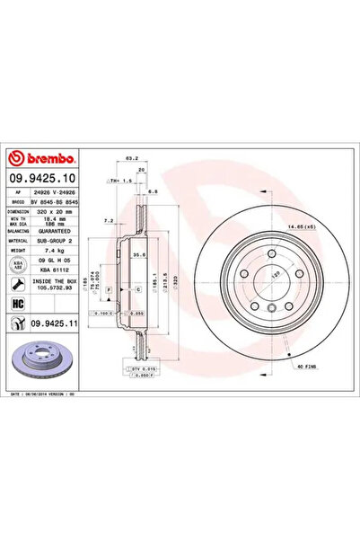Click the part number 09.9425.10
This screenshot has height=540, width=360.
pos(43,180)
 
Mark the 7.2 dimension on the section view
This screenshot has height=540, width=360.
pos(109,220)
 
